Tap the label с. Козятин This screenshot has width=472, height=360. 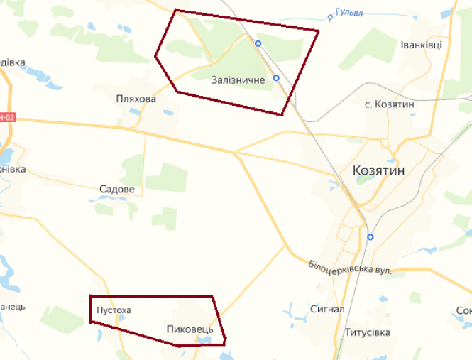tap(389, 104)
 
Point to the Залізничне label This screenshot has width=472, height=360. tap(238, 80)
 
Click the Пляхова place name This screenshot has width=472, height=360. tap(136, 99)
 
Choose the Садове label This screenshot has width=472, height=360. tap(116, 190)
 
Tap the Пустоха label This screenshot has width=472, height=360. tap(114, 310)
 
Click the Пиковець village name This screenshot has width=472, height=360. tap(190, 329)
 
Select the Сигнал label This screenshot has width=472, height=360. tap(327, 310)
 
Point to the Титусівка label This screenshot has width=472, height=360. tap(367, 332)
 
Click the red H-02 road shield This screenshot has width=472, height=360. tap(6, 116)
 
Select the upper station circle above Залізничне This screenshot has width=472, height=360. tap(258, 43)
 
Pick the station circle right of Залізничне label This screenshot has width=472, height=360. tap(276, 77)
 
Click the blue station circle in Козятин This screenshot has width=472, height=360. tap(371, 236)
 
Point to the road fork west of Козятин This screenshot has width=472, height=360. tap(236, 152)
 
